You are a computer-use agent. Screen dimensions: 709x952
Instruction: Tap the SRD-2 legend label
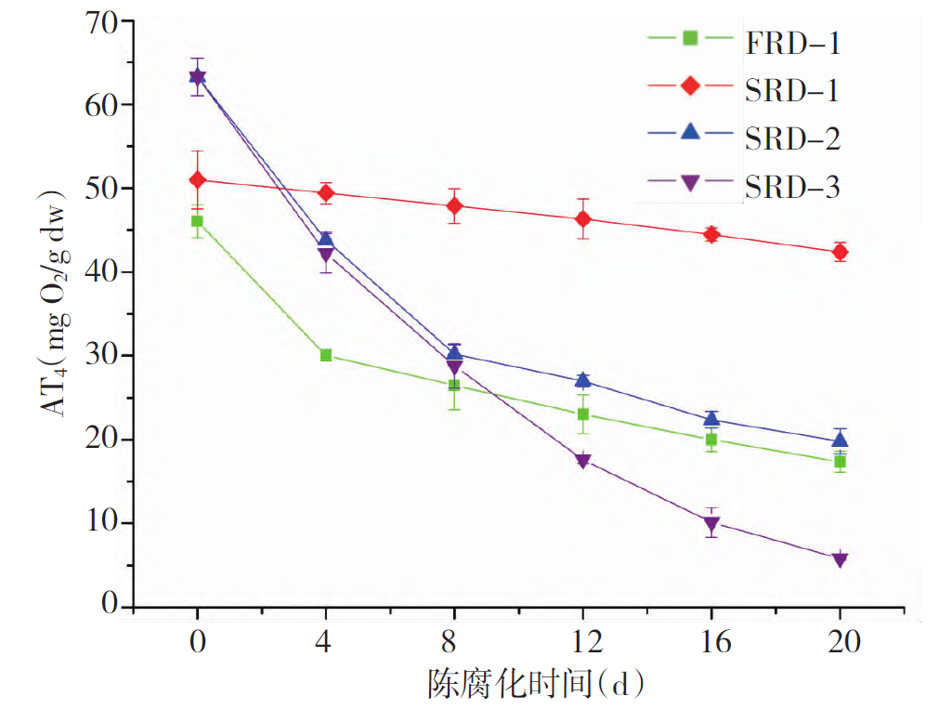tap(792, 138)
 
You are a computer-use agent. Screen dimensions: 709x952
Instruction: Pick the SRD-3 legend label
tap(792, 187)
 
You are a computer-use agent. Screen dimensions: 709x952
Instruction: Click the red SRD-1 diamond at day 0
tap(197, 179)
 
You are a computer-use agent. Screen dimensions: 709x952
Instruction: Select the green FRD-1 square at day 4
tap(326, 355)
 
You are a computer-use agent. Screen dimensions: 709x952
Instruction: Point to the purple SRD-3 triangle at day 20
tap(840, 559)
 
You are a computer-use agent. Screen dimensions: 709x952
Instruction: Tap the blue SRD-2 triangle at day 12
tap(583, 380)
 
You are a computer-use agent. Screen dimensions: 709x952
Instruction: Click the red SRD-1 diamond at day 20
tap(840, 252)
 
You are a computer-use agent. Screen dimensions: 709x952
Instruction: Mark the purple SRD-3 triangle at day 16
tap(711, 524)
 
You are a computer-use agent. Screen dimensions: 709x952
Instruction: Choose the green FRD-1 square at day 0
tap(197, 221)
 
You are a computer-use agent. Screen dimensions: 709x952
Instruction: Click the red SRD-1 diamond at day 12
tap(583, 219)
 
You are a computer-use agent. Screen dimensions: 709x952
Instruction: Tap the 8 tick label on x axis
tap(454, 642)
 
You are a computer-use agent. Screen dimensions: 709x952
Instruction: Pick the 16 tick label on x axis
tap(711, 642)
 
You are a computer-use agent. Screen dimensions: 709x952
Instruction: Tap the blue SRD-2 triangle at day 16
tap(711, 419)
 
